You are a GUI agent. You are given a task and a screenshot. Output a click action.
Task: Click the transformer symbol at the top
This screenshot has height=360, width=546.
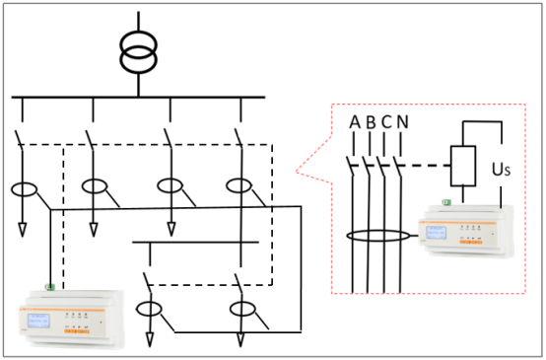[x=138, y=51]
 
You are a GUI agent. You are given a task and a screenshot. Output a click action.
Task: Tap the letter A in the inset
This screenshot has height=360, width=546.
[x=354, y=122]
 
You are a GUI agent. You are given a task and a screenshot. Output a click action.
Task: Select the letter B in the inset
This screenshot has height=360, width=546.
[x=370, y=122]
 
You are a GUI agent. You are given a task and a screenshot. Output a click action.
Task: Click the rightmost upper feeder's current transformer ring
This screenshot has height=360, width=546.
[x=239, y=185]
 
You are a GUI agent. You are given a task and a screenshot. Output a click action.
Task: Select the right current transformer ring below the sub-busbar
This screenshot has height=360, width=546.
[x=241, y=310]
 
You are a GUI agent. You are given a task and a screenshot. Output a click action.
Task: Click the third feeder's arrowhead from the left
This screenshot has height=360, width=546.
[x=170, y=230]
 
